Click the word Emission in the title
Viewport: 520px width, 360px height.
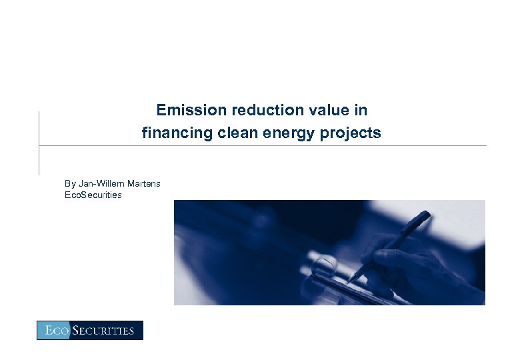click(183, 110)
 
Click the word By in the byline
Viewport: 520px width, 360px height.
click(70, 183)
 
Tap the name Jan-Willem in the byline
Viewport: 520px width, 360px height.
click(100, 183)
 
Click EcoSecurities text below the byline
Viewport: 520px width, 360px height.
click(93, 195)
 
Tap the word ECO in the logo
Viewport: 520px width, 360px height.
click(55, 331)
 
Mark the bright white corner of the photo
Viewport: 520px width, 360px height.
click(467, 217)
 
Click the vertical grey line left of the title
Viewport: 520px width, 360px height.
click(39, 143)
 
